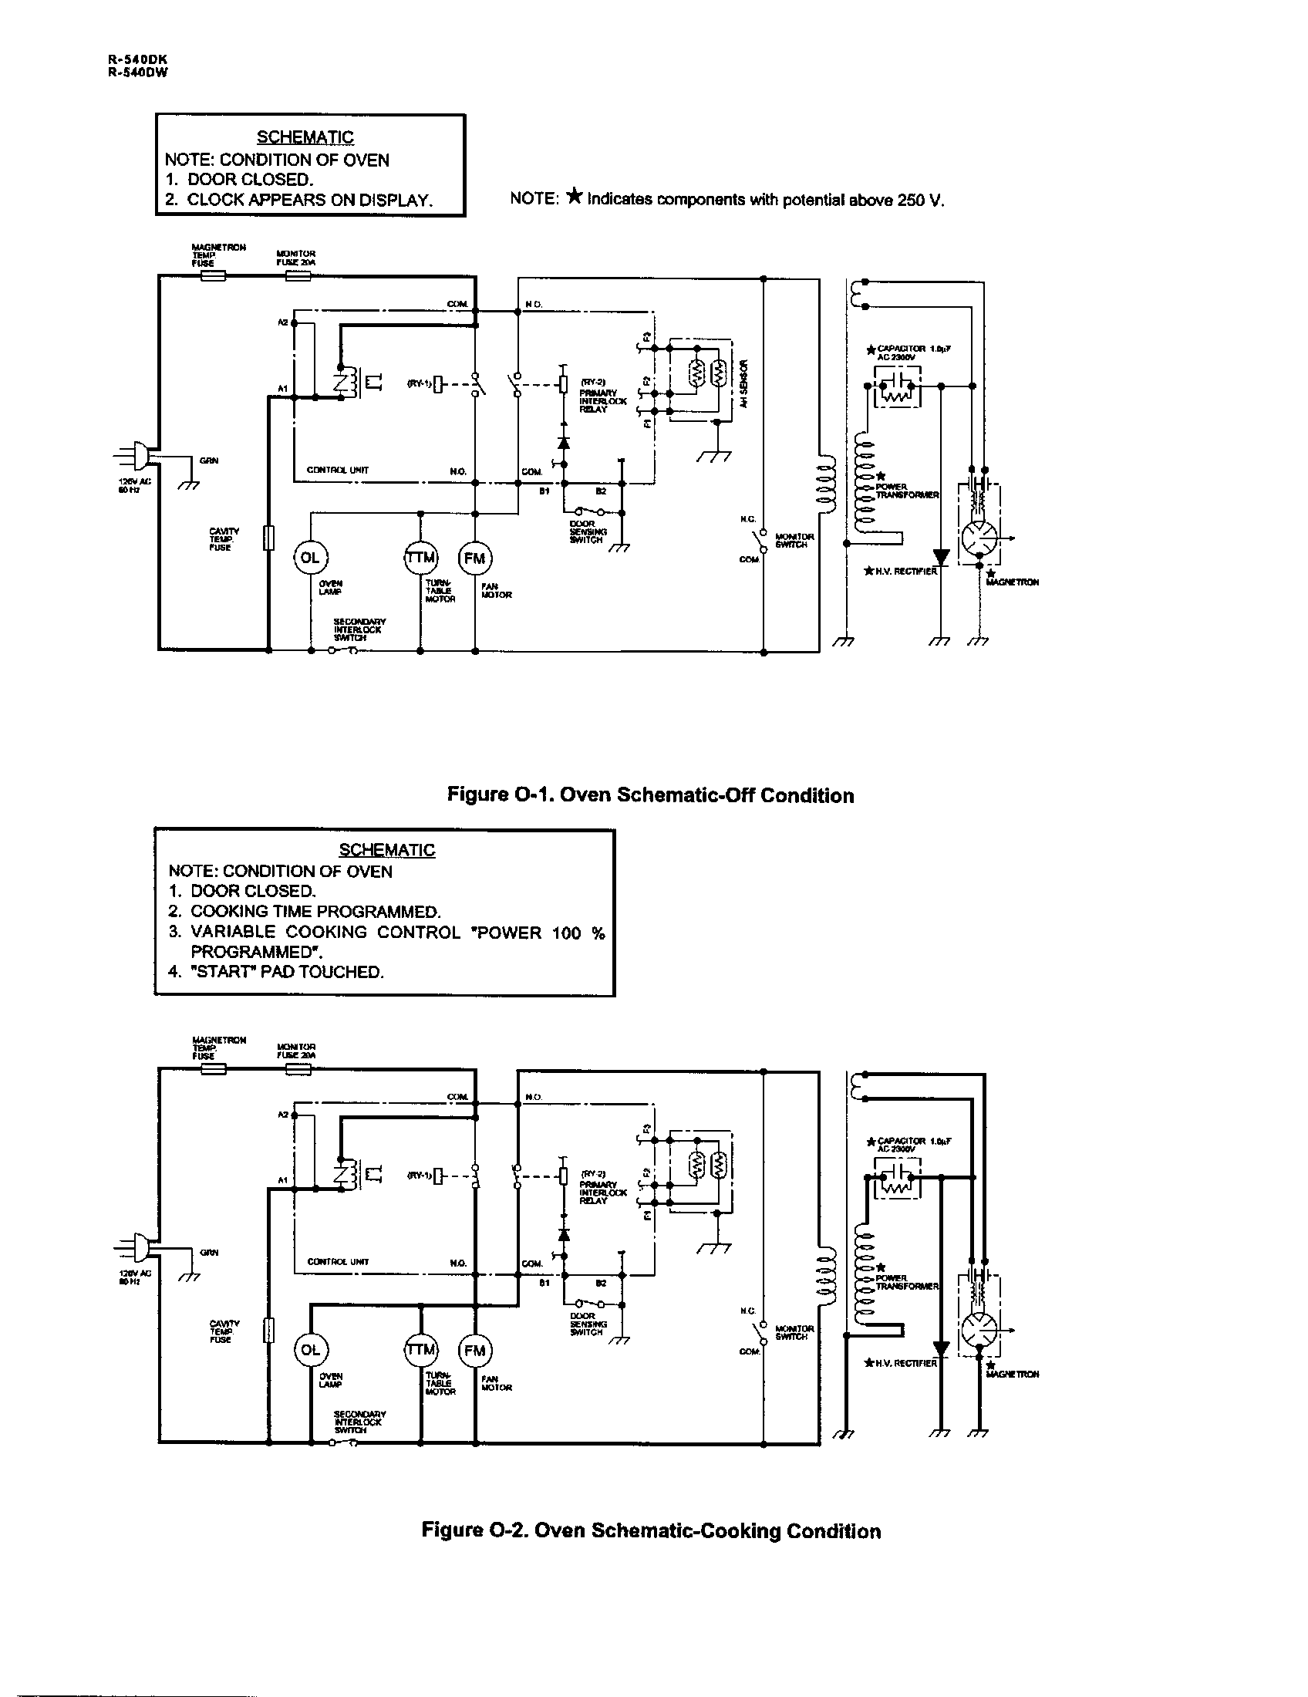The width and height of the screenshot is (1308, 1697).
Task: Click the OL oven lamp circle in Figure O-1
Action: point(310,557)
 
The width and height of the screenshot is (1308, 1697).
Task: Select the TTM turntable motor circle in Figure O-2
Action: point(420,1350)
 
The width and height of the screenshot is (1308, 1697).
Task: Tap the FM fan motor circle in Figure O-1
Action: point(474,557)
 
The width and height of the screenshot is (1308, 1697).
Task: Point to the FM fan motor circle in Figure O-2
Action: point(474,1350)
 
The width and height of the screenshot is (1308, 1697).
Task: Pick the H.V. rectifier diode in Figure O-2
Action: point(941,1348)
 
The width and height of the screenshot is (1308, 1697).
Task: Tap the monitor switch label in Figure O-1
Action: point(794,540)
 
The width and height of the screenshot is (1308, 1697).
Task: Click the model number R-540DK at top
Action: point(138,59)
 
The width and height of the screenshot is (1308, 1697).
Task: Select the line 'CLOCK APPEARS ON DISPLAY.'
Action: point(308,200)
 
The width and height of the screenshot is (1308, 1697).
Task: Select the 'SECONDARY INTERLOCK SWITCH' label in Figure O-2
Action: point(359,1422)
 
